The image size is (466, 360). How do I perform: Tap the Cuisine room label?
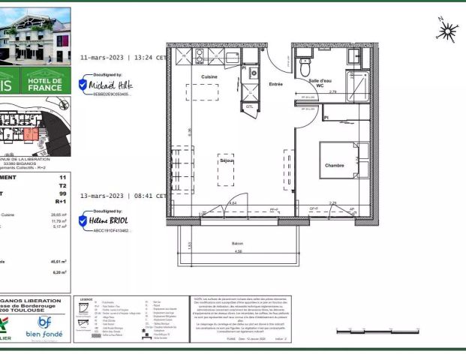[x=210, y=77]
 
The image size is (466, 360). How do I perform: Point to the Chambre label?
[x=335, y=166]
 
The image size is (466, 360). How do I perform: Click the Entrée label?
[x=276, y=84]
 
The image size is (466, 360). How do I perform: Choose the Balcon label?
[x=237, y=244]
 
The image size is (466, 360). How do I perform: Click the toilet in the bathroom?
[x=305, y=68]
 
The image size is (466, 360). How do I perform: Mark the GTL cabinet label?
[x=249, y=107]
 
